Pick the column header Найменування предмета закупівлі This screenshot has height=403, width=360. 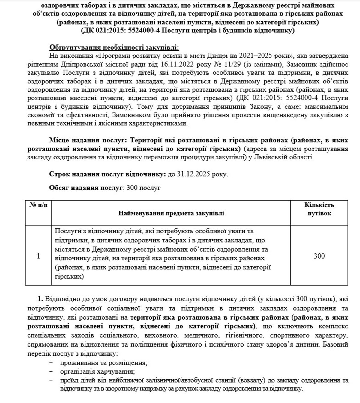pos(171,213)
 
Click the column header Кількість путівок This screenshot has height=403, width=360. pos(319,209)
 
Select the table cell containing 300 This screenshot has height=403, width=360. pos(319,256)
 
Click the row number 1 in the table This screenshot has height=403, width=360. pos(38,256)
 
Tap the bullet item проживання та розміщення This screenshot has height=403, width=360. pos(103,363)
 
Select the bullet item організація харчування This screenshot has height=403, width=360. pos(97,372)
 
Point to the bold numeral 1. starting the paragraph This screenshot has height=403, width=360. pos(40,299)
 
